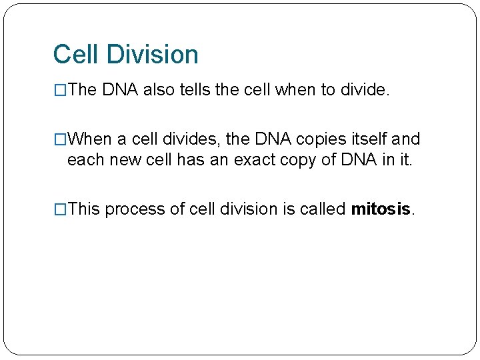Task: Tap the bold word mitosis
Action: click(381, 209)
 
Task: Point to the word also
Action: click(158, 90)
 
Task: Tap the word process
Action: click(135, 209)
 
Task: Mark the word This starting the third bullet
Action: click(84, 209)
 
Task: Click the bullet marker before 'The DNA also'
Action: click(60, 90)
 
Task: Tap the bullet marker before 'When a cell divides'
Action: click(60, 139)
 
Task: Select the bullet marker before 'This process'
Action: click(60, 209)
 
